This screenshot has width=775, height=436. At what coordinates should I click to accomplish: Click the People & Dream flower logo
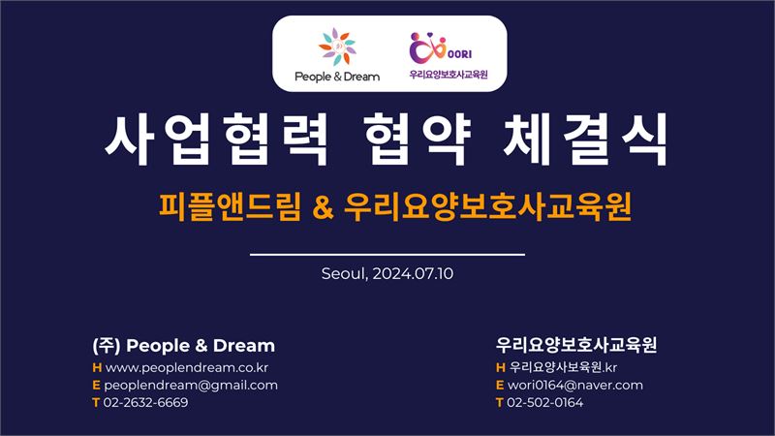point(336,47)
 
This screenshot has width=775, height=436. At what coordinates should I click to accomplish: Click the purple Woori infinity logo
point(428,48)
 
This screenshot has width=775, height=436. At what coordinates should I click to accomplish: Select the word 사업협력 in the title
point(216,139)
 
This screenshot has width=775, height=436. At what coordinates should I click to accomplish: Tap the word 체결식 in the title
point(586,139)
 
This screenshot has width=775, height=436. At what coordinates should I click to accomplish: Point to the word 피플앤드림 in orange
point(230,206)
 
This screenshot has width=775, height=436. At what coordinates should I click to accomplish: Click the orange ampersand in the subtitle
point(324,207)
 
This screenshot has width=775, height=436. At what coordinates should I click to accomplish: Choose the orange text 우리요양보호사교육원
point(487,206)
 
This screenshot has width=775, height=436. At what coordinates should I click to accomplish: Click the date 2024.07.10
point(413,274)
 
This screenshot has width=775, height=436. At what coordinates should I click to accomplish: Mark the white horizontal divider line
point(387,255)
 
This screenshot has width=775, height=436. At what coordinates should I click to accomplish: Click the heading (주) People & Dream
point(183,346)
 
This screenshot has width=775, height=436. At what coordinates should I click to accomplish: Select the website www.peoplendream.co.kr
point(187,368)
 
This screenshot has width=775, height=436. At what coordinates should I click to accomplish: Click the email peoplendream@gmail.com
point(191,386)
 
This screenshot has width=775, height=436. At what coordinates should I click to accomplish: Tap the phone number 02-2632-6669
point(146,402)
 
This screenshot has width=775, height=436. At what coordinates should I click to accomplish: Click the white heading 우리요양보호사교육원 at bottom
point(576,345)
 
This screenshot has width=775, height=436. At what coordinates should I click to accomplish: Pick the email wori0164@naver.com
point(575,385)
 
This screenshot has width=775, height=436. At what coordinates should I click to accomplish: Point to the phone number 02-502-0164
point(545,402)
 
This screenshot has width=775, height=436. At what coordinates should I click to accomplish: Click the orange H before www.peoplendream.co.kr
point(97,368)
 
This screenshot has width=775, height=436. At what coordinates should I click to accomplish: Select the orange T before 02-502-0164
point(499,403)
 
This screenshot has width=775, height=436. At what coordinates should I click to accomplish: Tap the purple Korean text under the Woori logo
point(449,75)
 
